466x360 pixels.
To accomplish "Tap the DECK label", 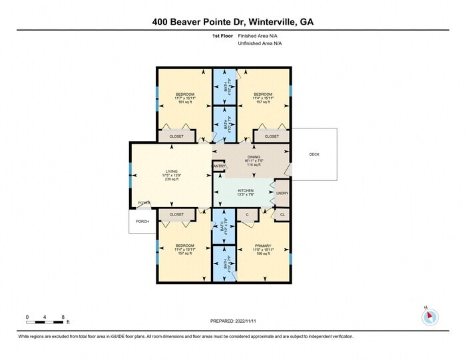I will tap(314, 154).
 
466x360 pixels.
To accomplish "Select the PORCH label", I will tap(142, 222).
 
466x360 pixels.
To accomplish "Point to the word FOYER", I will tap(143, 202).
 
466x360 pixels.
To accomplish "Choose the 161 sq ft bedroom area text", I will tap(184, 102).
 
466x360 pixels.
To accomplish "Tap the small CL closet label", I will tap(282, 214).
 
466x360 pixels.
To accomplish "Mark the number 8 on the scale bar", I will tap(63, 317).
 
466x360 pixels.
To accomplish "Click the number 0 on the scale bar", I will tap(27, 317).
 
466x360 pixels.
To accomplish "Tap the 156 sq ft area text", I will tap(263, 254).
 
